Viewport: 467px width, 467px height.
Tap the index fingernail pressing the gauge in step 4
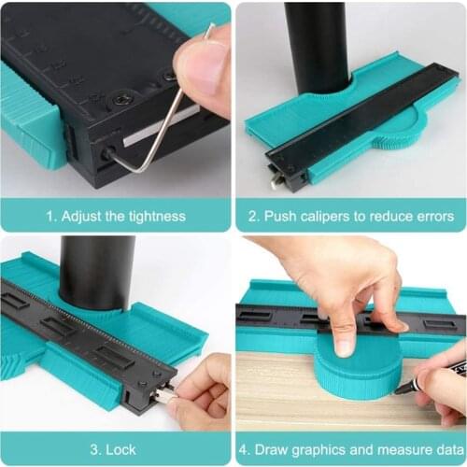coord(345,346)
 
